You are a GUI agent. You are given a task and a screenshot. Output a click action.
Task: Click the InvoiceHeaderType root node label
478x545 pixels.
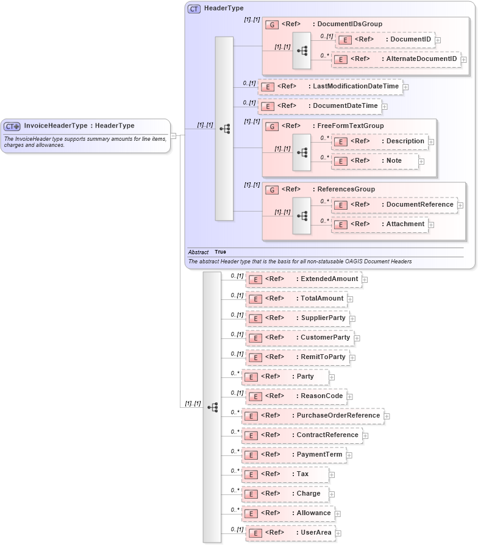[x=79, y=126]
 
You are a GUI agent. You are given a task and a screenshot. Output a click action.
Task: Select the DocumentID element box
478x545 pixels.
[x=384, y=40]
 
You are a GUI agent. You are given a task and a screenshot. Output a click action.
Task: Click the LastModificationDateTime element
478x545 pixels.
[x=330, y=87]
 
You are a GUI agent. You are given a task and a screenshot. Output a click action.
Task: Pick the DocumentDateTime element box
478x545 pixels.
[x=319, y=106]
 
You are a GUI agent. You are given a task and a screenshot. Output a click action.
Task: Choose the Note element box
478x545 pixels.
[x=375, y=161]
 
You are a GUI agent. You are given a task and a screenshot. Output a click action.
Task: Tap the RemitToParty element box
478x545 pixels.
[x=297, y=357]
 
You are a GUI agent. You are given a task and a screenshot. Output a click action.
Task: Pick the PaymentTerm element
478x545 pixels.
[x=293, y=455]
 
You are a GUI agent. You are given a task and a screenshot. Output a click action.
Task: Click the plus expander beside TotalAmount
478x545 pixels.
[x=350, y=299]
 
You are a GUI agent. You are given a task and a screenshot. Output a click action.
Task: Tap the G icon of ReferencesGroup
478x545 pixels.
[x=272, y=190]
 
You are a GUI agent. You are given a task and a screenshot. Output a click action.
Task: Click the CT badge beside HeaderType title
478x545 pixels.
[x=194, y=9]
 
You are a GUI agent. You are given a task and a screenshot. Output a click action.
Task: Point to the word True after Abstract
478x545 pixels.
[x=220, y=252]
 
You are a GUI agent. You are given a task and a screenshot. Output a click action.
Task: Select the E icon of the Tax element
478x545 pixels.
[x=251, y=474]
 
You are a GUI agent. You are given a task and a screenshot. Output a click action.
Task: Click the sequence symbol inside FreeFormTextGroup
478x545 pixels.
[x=302, y=150]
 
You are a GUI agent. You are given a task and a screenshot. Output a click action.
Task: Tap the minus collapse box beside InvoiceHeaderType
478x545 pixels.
[x=173, y=136]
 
